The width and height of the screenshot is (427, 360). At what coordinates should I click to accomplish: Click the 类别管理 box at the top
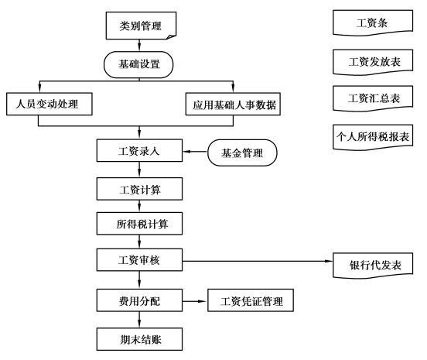coord(141,26)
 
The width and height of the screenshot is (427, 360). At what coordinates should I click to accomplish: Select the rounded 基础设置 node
coord(138,64)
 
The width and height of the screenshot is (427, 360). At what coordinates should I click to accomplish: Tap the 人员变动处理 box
coord(50,104)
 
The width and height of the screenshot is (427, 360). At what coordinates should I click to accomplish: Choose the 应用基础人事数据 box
coord(233,104)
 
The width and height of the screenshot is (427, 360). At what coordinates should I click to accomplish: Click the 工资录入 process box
coord(139,150)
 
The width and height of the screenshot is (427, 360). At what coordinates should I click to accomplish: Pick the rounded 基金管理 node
coord(242,153)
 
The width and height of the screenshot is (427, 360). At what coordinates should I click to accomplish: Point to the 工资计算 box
coord(139,189)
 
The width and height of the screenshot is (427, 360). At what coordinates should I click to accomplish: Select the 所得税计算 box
coord(139,224)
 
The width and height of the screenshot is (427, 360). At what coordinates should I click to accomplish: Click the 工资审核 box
coord(139,259)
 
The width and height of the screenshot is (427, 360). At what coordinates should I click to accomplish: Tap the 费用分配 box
coord(139,300)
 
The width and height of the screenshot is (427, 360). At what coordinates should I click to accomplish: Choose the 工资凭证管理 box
coord(251,300)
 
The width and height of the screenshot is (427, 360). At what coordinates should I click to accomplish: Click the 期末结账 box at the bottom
coord(139,339)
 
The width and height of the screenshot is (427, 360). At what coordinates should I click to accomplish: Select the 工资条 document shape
coord(373,22)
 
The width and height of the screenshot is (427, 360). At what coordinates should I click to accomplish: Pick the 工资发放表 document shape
coord(373,62)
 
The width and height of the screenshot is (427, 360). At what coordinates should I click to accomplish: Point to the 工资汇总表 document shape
coord(373,98)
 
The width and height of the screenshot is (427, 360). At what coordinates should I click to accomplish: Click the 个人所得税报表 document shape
coord(373,137)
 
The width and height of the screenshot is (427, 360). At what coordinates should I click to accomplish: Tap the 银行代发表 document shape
coord(373,266)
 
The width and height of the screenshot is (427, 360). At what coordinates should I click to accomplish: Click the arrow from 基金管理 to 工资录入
coord(195,152)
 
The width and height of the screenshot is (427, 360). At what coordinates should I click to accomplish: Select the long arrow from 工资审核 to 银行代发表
coord(258,261)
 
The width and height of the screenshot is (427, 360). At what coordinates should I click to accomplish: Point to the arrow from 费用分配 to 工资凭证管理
coord(195,301)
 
